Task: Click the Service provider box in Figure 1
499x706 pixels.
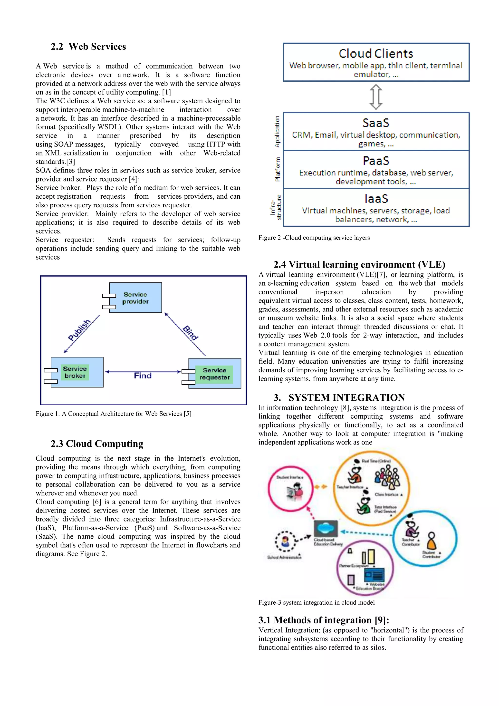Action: click(135, 298)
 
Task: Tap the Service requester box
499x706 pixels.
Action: click(215, 373)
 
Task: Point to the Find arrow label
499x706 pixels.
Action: click(143, 376)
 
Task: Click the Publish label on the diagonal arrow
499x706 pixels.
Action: click(80, 330)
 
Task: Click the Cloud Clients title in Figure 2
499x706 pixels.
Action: click(376, 54)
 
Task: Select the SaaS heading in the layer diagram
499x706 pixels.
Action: click(376, 123)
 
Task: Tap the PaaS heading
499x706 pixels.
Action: click(376, 161)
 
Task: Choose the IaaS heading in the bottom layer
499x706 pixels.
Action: click(376, 199)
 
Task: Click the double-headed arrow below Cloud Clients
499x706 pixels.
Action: click(376, 97)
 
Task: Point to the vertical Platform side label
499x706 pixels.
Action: click(278, 169)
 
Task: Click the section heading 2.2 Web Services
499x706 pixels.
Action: click(88, 47)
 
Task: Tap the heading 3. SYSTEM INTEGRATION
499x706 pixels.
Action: click(339, 397)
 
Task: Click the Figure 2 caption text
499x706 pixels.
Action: click(314, 238)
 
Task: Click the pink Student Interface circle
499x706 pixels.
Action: click(290, 489)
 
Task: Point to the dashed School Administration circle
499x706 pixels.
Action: click(285, 541)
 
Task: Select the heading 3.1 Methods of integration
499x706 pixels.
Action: click(323, 620)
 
